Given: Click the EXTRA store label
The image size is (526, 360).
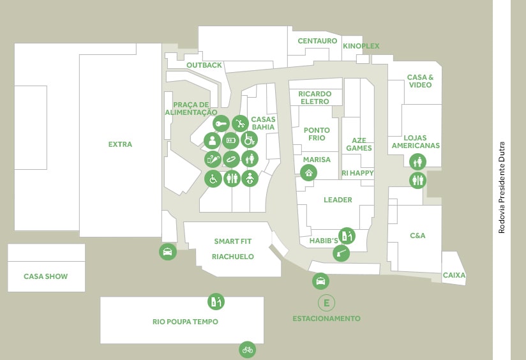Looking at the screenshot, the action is pyautogui.click(x=120, y=144).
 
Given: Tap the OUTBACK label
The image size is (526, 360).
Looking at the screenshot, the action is pyautogui.click(x=204, y=65).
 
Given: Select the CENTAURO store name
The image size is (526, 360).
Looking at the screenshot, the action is pyautogui.click(x=317, y=41).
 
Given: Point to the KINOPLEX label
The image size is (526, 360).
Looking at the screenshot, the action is pyautogui.click(x=361, y=46).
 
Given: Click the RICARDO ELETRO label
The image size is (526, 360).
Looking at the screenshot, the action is pyautogui.click(x=315, y=98).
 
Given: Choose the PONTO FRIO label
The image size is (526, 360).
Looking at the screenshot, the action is pyautogui.click(x=317, y=134).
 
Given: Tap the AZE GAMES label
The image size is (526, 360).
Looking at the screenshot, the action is pyautogui.click(x=359, y=144).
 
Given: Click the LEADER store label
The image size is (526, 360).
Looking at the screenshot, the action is pyautogui.click(x=338, y=200).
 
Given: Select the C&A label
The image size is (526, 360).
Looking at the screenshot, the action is pyautogui.click(x=417, y=236).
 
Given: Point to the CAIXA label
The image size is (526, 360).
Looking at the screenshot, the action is pyautogui.click(x=455, y=275).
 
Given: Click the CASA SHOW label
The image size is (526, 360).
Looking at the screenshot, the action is pyautogui.click(x=45, y=276).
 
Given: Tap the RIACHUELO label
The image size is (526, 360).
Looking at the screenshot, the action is pyautogui.click(x=233, y=257).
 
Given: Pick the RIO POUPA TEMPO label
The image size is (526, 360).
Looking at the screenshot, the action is pyautogui.click(x=185, y=322).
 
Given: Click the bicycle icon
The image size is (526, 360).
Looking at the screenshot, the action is pyautogui.click(x=248, y=350).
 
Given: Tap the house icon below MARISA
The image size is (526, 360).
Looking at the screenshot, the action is pyautogui.click(x=308, y=173).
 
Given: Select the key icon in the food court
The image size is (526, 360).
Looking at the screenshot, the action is pyautogui.click(x=221, y=124).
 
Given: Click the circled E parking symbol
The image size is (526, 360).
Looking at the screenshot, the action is pyautogui.click(x=326, y=303).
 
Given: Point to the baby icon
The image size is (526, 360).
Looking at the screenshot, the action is pyautogui.click(x=250, y=178).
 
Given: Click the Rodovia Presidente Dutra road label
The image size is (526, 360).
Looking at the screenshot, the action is pyautogui.click(x=502, y=188).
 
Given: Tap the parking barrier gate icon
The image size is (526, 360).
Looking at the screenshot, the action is pyautogui.click(x=341, y=253).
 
